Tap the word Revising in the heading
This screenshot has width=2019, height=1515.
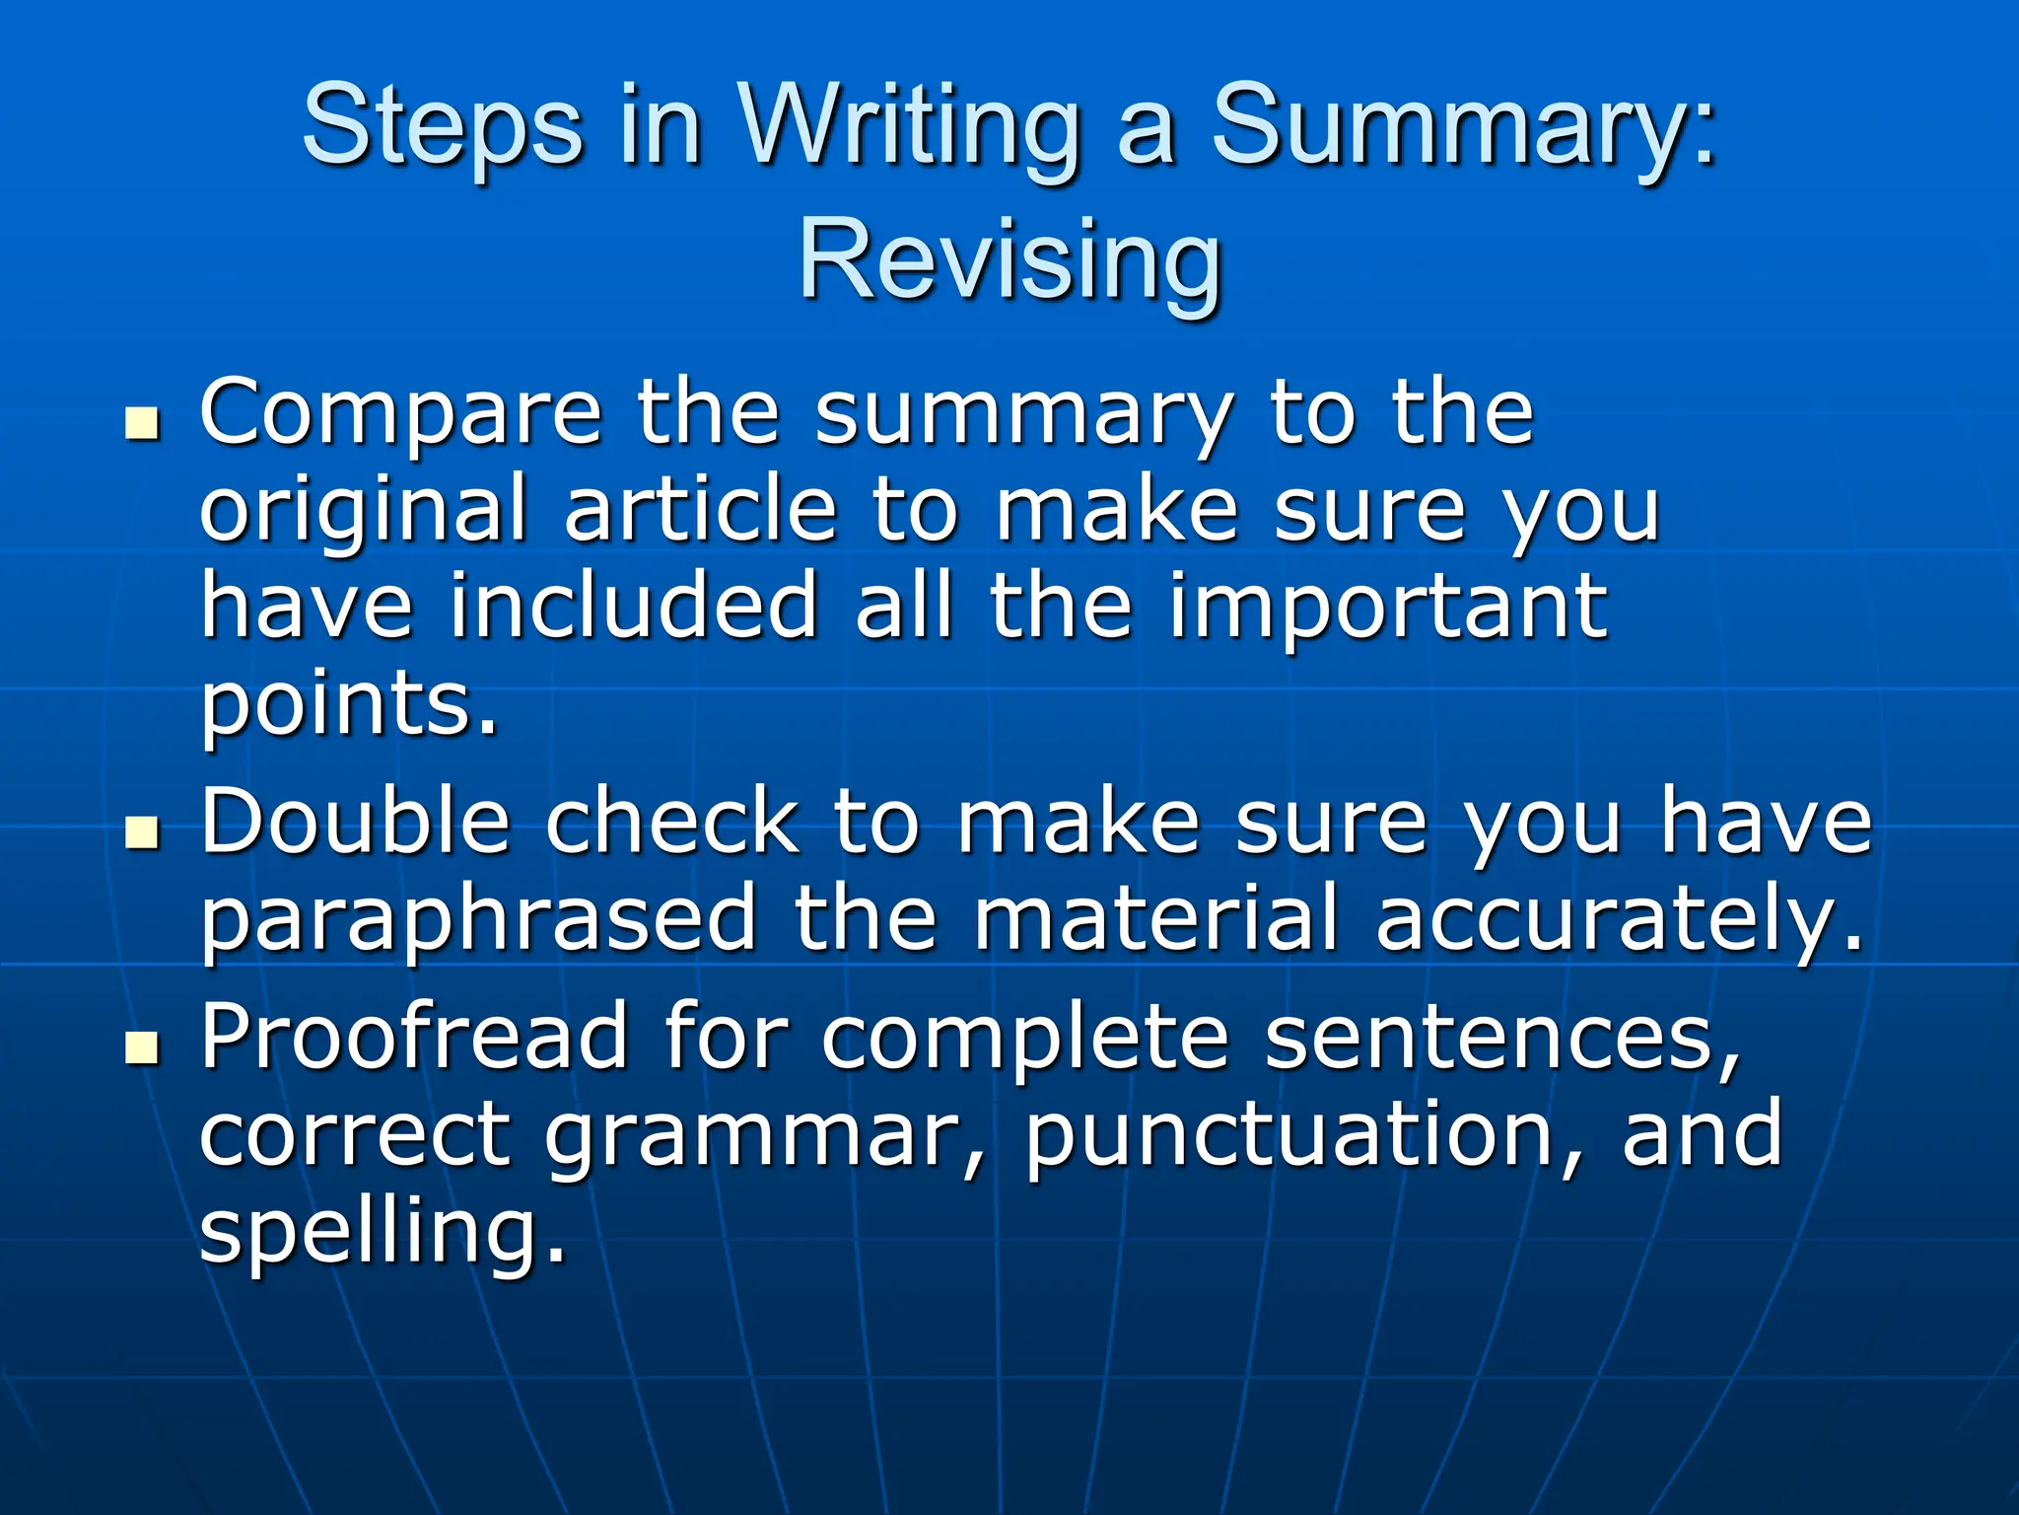1009,261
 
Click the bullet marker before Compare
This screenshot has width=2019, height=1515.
143,425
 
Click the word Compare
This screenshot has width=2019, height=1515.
400,414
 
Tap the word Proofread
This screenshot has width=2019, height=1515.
414,1037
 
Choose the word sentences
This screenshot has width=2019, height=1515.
1503,1039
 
